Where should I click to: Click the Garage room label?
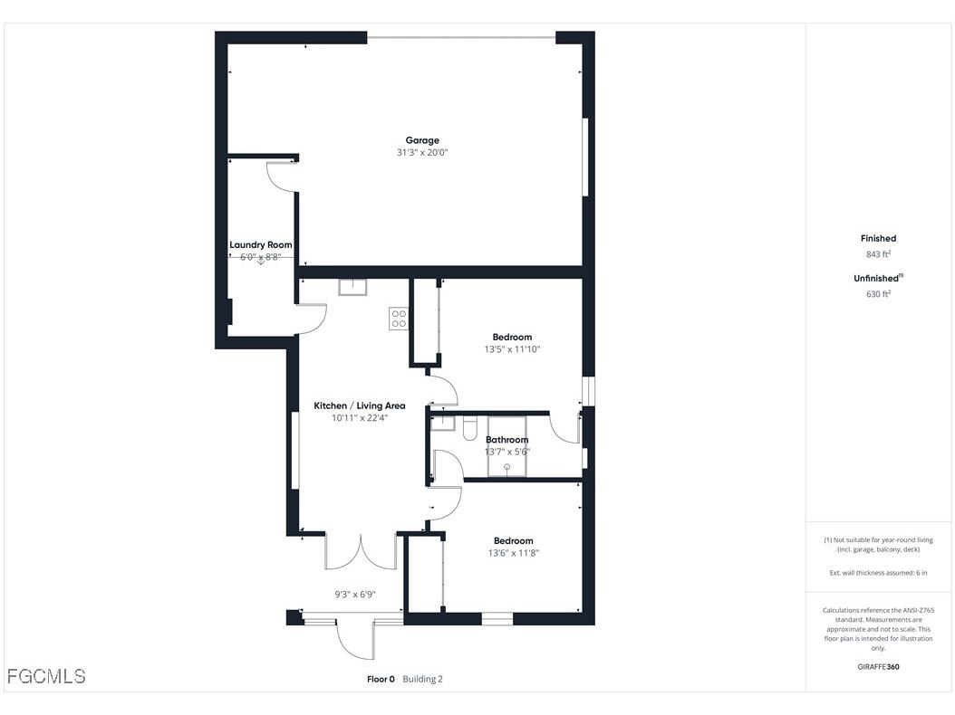pos(422,140)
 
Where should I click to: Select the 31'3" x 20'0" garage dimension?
pos(422,153)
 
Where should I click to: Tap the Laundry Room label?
pos(260,244)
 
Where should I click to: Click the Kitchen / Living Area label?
pos(360,405)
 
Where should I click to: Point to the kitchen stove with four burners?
pos(399,318)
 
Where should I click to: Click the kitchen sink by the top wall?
pos(352,287)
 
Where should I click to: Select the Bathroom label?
pos(506,440)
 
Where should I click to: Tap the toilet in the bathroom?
pos(470,427)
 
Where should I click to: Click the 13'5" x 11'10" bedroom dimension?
pos(514,349)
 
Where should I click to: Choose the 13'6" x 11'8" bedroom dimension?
pos(514,553)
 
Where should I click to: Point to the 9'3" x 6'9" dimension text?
pos(355,595)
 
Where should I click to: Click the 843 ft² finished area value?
pos(878,254)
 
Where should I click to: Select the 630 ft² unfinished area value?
pos(878,293)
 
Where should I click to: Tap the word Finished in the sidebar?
pos(878,238)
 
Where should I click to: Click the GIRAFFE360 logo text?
pos(878,667)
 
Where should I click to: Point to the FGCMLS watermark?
pos(46,676)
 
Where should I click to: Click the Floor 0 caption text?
pos(381,679)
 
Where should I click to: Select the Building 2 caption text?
pos(423,679)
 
